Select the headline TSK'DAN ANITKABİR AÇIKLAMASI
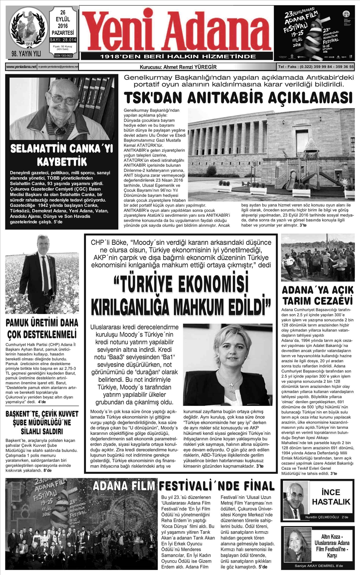click(x=238, y=98)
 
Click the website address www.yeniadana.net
click(x=21, y=67)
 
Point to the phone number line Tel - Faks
click(x=316, y=67)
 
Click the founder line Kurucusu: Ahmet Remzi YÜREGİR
click(x=178, y=67)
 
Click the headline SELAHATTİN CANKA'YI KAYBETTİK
click(x=62, y=155)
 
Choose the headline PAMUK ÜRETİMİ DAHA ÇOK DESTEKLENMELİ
click(x=42, y=328)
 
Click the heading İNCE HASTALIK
click(x=331, y=497)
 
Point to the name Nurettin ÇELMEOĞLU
click(x=322, y=517)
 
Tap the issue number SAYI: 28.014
click(x=63, y=40)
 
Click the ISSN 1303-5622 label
click(x=63, y=56)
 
